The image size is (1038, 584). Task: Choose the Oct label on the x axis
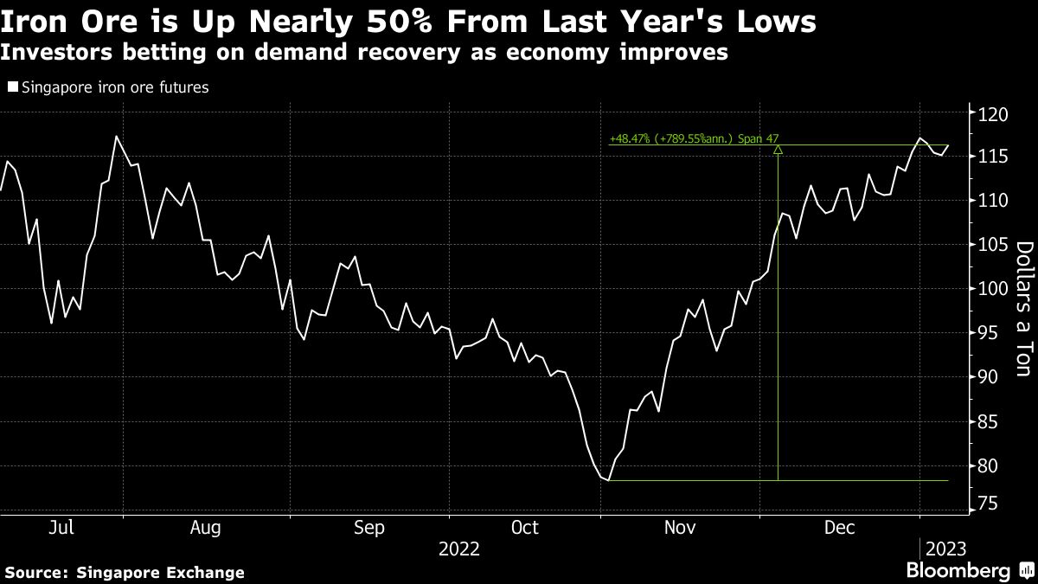coord(525,527)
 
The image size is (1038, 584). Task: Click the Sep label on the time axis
coord(369,527)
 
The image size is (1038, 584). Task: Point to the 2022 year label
coord(459,549)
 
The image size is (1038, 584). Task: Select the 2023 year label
coord(945,549)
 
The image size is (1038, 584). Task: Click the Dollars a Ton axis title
coord(1023,309)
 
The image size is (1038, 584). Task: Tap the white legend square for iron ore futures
coord(11,87)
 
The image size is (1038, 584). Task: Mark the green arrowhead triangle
coord(778,150)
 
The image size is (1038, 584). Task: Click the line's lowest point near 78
coord(609,480)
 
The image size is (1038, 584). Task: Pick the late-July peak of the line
coord(116,136)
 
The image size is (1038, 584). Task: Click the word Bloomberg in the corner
coord(958,571)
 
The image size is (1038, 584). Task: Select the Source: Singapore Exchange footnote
coord(125,573)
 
